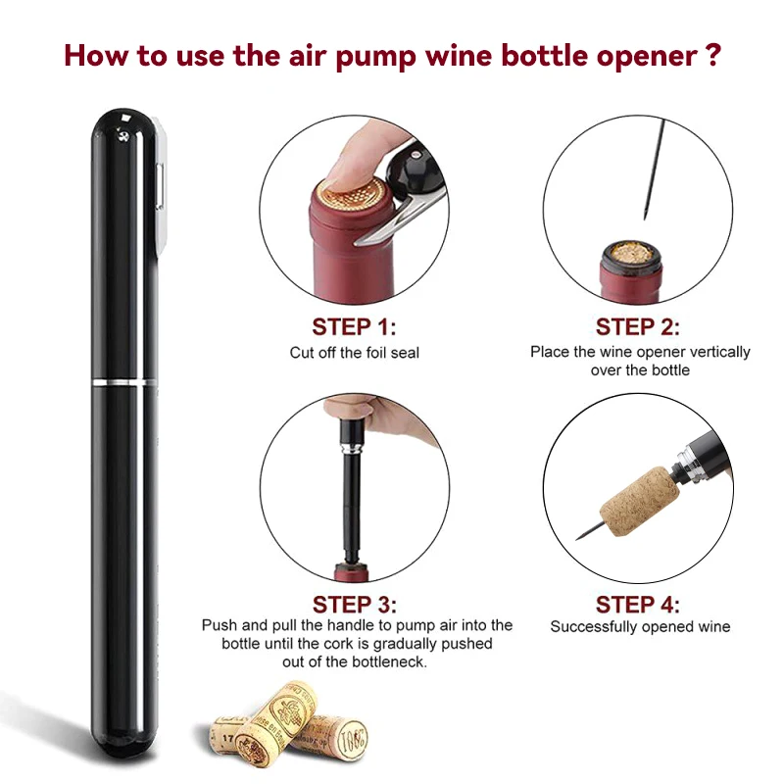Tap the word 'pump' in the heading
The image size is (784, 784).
375,57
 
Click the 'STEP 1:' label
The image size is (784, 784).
354,327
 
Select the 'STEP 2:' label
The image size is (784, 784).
638,327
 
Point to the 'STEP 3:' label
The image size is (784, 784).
355,605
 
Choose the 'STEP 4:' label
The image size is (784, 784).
638,605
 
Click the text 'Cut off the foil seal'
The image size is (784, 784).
354,353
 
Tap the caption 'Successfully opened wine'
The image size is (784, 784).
640,626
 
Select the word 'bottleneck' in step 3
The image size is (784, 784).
388,662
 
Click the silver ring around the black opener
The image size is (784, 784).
125,382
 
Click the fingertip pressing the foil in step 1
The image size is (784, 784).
350,160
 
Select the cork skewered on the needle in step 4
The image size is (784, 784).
640,502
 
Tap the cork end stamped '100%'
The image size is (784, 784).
352,738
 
